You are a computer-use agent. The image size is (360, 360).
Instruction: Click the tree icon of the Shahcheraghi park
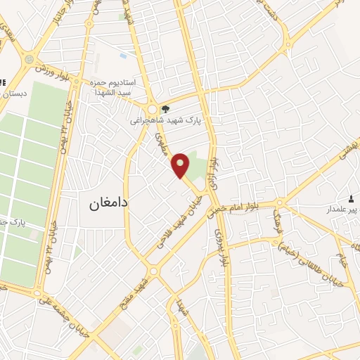click(x=165, y=108)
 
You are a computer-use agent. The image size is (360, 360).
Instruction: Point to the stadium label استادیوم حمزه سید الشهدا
click(x=118, y=88)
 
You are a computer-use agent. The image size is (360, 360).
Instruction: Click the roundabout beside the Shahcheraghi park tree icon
click(x=152, y=109)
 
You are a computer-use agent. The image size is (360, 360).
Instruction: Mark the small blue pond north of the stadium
click(x=124, y=55)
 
